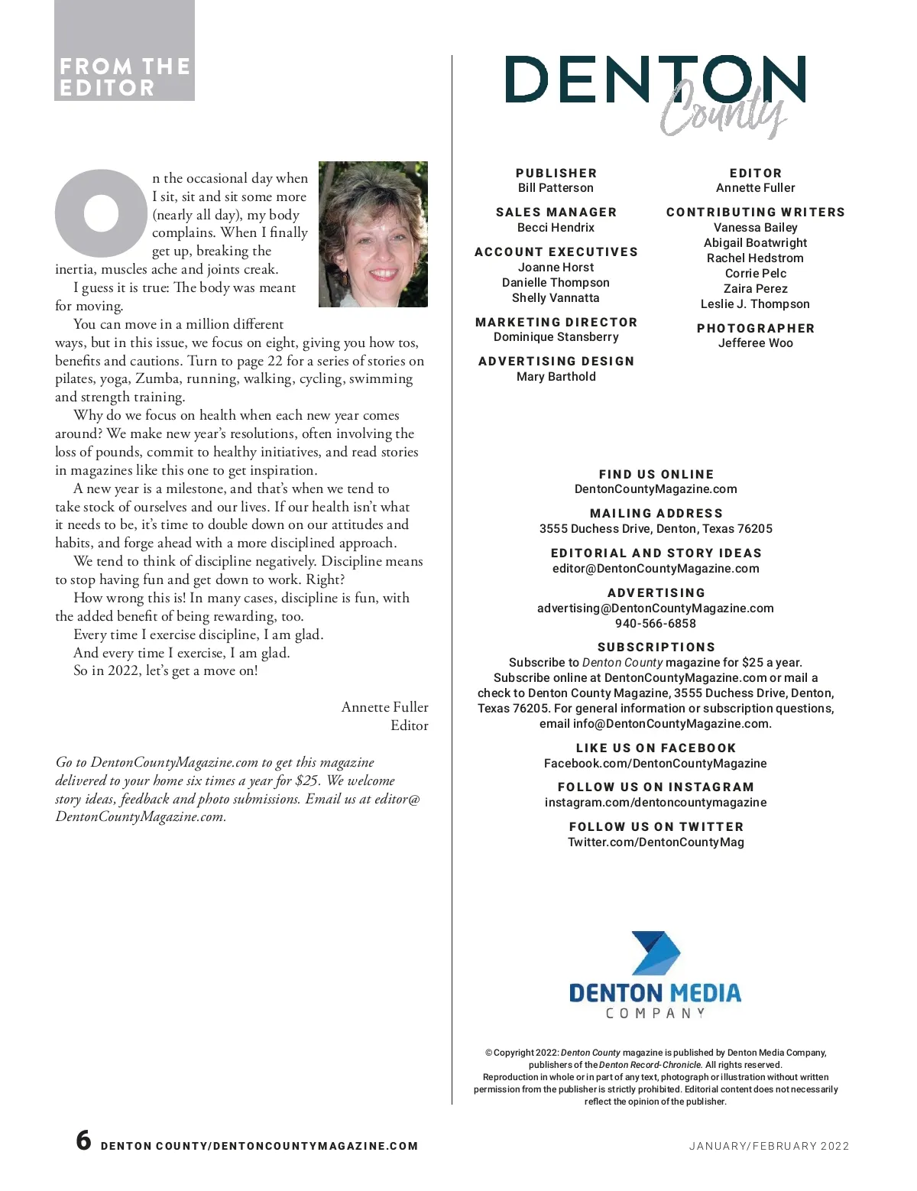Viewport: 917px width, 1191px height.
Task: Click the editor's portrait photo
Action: click(x=373, y=234)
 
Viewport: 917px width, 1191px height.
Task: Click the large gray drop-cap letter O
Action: click(x=101, y=213)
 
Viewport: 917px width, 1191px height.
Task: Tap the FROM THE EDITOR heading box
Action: click(x=125, y=76)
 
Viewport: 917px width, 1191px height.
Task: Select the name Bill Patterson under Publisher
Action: click(x=556, y=188)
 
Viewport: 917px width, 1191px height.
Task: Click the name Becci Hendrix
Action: click(x=556, y=228)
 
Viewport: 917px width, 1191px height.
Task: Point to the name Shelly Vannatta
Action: click(x=556, y=298)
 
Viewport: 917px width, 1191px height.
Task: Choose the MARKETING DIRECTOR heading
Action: click(x=556, y=323)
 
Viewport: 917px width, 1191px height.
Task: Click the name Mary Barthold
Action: click(x=556, y=377)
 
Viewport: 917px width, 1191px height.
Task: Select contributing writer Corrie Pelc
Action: click(x=755, y=274)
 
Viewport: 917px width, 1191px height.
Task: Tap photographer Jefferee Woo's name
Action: click(x=755, y=343)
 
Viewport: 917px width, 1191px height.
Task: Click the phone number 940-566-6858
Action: click(x=656, y=624)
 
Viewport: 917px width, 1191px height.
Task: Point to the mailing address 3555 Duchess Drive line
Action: click(x=656, y=529)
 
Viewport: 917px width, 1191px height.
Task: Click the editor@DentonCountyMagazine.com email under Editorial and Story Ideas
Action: click(x=656, y=569)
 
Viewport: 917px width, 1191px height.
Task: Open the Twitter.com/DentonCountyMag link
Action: click(x=656, y=842)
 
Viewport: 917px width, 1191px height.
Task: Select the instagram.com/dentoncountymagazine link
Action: click(x=656, y=803)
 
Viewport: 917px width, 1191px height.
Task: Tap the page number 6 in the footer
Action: click(x=83, y=1141)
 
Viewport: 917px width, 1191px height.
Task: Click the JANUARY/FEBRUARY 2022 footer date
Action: click(x=769, y=1146)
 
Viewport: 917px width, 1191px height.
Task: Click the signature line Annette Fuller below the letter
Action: click(x=384, y=707)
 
